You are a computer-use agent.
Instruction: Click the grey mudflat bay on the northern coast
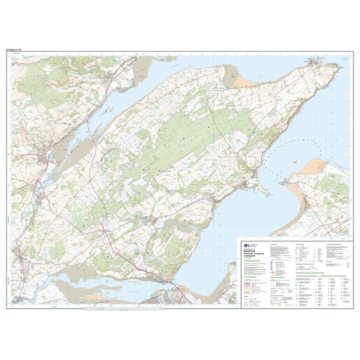pos(233,77)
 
